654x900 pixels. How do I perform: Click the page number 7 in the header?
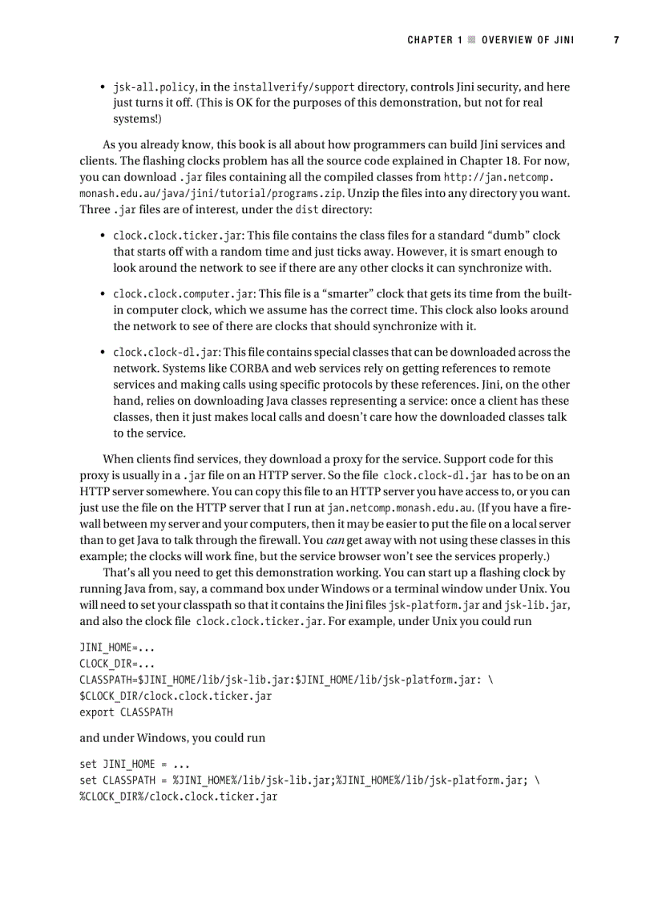[616, 39]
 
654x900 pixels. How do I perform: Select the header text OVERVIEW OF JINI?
[527, 39]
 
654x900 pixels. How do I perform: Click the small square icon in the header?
[472, 39]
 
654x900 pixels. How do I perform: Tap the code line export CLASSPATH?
[126, 712]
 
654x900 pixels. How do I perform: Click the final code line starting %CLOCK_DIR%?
[179, 797]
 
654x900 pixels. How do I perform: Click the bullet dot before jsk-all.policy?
[103, 87]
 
